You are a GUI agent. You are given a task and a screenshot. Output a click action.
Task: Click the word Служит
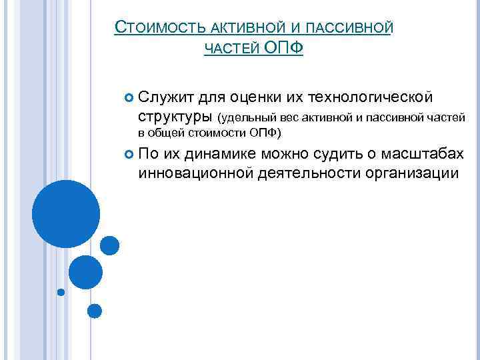point(167,99)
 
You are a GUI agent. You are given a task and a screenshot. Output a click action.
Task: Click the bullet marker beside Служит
point(129,99)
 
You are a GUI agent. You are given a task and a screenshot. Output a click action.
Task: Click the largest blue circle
point(66,213)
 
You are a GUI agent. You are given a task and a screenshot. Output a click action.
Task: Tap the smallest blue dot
point(61,291)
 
